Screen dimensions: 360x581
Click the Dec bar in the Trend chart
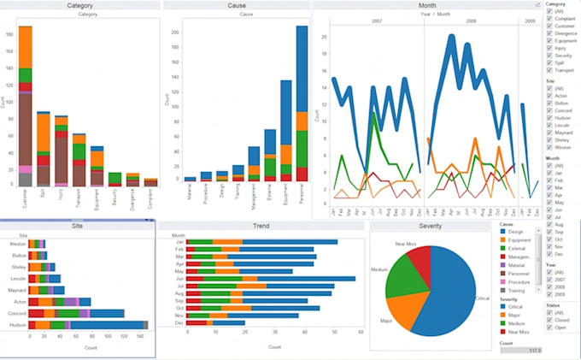click(214, 322)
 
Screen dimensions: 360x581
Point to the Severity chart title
click(431, 226)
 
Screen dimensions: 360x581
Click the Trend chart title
click(261, 226)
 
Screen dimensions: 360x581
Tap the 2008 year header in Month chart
click(472, 20)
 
